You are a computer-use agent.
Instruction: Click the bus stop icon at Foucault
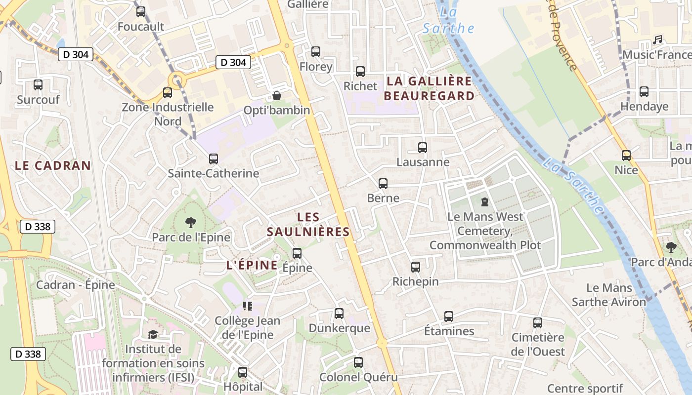pos(141,12)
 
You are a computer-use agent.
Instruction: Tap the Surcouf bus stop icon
pos(38,85)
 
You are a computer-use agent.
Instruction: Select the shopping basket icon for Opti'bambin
pos(277,95)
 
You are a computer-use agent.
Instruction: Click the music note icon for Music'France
pos(657,40)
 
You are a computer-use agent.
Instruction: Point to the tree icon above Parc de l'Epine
pos(190,223)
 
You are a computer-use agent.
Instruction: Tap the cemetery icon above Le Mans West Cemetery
pos(485,202)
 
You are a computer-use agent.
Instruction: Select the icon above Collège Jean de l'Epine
pos(248,306)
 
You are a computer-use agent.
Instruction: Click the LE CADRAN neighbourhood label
pos(53,166)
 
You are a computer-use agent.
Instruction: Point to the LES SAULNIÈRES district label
pos(308,224)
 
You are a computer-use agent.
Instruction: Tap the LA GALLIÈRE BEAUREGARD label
pos(429,88)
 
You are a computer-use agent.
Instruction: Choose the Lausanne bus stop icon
pos(423,147)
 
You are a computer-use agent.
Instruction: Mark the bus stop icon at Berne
pos(383,184)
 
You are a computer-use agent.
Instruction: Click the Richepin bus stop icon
pos(416,267)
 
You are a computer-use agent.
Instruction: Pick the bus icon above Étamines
pos(449,316)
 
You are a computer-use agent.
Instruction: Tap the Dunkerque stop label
pos(339,328)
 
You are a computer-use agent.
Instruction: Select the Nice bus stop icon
pos(626,156)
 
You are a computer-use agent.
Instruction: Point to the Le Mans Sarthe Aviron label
pos(609,295)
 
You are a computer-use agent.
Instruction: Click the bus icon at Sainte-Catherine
pos(214,159)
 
